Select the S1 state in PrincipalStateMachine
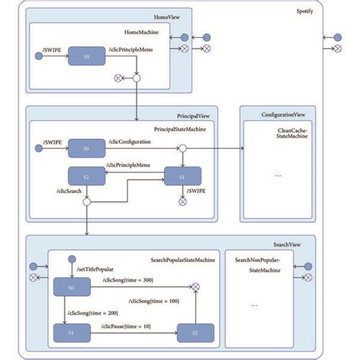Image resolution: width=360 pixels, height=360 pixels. point(182,177)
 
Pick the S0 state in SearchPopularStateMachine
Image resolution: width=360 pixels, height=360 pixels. point(71,287)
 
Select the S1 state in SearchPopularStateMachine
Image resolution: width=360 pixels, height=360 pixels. point(71,332)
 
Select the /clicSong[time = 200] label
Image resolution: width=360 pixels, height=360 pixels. point(98,312)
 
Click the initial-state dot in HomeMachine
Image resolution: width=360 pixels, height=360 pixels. point(39,55)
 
